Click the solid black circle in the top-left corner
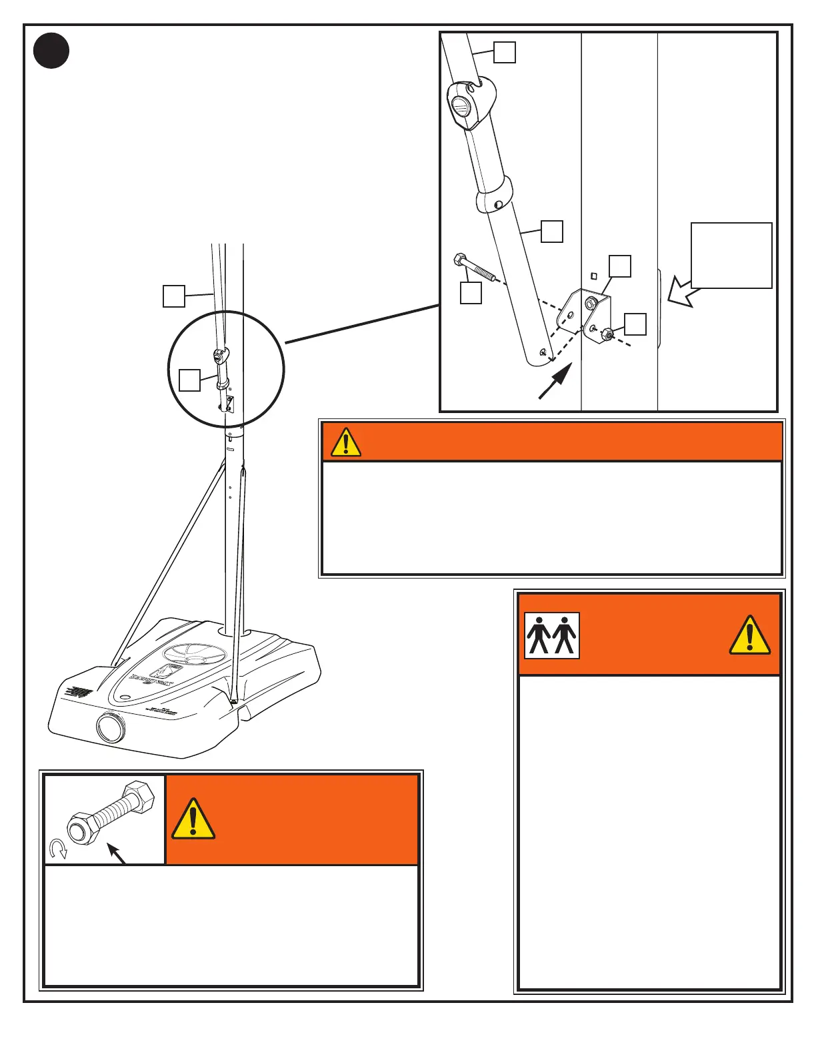coord(51,51)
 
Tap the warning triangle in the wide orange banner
coord(345,442)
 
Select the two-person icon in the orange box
coord(551,635)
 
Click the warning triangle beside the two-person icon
coord(749,635)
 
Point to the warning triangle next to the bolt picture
coord(193,819)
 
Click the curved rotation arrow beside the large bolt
coord(59,849)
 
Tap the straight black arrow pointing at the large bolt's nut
coord(117,854)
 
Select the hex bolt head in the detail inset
coord(459,260)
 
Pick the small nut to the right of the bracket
coord(607,333)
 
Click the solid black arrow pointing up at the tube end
coord(555,382)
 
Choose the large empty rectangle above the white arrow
coord(731,256)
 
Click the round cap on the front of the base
coord(110,727)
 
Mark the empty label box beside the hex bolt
coord(471,294)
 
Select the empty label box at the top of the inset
coord(505,52)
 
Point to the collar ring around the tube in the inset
coord(494,195)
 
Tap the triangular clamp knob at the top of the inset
coord(471,103)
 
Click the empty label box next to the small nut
coord(635,324)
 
